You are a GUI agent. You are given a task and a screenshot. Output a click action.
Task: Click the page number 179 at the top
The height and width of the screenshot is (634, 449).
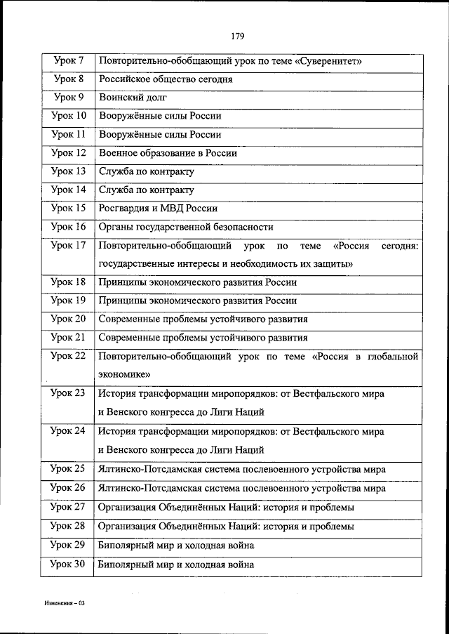point(236,34)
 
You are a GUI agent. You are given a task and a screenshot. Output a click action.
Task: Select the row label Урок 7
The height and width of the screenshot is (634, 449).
point(68,61)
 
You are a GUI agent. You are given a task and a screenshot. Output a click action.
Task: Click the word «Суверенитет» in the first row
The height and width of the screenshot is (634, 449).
point(329,62)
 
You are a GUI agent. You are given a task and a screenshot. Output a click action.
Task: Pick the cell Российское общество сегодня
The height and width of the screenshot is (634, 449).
point(166,79)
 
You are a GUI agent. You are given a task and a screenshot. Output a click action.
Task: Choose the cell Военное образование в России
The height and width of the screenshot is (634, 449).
point(168,152)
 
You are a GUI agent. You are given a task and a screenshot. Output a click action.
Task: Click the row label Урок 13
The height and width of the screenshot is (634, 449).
point(68,171)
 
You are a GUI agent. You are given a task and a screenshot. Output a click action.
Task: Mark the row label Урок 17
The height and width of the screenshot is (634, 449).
point(68,245)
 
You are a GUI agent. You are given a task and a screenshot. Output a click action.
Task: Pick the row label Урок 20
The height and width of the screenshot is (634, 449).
point(68,318)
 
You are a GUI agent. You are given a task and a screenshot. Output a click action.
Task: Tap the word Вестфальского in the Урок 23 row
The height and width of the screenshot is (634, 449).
point(323,394)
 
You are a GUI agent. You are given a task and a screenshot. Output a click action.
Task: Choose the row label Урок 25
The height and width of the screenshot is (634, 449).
point(68,468)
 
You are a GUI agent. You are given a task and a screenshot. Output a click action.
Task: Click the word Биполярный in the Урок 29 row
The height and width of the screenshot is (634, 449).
point(124,545)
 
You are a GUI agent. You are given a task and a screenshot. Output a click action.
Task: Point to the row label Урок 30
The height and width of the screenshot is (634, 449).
point(68,563)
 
